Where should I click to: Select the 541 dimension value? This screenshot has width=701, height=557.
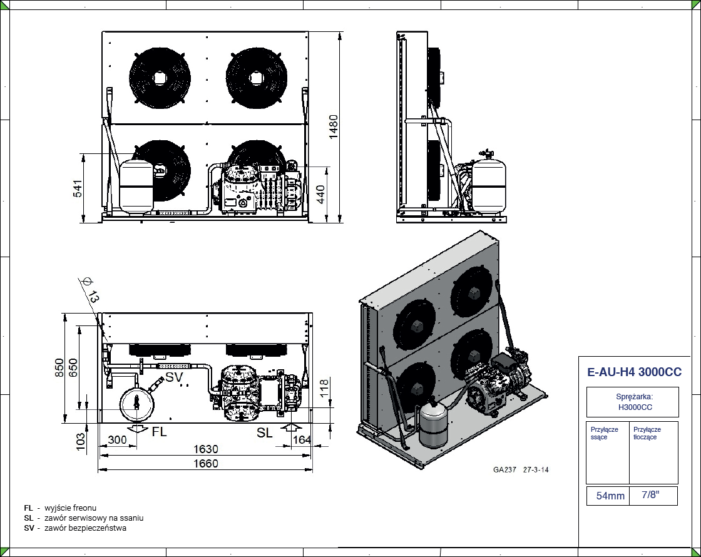point(78,188)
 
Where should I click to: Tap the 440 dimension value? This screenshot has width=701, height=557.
point(320,194)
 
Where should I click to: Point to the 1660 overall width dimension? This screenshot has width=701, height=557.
point(205,464)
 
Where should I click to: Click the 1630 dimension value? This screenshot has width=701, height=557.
point(205,449)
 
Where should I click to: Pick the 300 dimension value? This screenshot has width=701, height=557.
point(117,440)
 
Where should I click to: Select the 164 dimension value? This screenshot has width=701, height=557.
point(302,440)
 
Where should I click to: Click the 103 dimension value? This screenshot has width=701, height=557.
point(81,440)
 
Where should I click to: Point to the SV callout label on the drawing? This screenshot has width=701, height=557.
point(174,377)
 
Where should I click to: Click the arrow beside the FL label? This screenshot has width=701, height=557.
point(137,430)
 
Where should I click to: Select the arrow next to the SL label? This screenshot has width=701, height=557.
point(289,429)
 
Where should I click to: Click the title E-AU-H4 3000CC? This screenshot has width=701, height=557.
point(635,372)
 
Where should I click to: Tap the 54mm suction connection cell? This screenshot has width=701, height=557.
point(610,496)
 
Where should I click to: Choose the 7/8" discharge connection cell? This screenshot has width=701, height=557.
point(650,495)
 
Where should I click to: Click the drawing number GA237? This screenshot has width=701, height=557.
point(504,470)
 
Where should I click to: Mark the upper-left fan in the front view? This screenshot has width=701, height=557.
point(160,78)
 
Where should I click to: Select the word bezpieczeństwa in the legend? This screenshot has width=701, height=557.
point(100,528)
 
